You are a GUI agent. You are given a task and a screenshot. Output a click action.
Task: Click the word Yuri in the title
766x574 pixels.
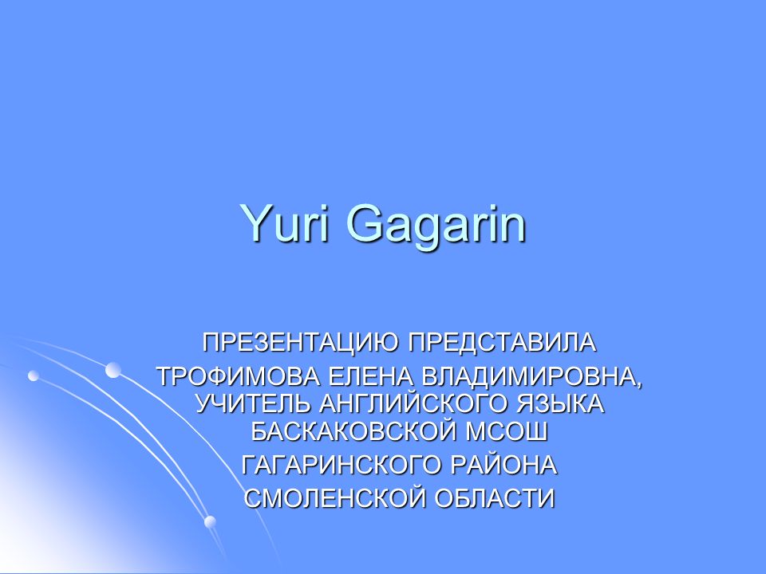click(x=286, y=222)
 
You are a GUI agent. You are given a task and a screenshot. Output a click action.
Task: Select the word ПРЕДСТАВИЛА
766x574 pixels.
click(x=502, y=343)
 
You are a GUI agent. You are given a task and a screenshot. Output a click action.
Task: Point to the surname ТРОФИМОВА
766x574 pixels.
click(x=239, y=377)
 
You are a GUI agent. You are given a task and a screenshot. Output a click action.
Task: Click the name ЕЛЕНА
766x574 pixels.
click(x=370, y=377)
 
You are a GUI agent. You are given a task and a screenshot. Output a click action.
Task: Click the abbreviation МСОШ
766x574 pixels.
click(x=506, y=431)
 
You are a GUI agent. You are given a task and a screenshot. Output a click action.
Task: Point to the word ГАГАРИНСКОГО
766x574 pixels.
click(x=342, y=465)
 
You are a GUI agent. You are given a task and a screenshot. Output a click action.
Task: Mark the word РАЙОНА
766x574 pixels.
click(x=503, y=464)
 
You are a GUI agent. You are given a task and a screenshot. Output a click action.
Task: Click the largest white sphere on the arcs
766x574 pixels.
click(x=113, y=370)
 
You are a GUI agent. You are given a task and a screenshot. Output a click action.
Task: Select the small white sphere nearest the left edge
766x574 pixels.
click(x=34, y=375)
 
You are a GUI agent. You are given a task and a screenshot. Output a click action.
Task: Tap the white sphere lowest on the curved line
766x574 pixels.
click(x=210, y=521)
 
